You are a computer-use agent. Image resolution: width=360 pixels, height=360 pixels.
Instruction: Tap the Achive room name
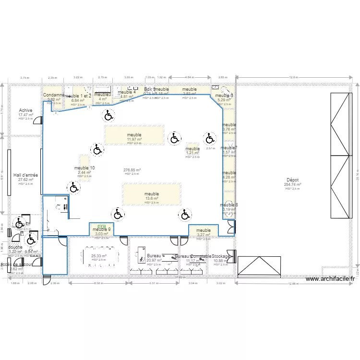(25, 110)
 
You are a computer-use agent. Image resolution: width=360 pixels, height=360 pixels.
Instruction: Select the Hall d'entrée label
(25, 175)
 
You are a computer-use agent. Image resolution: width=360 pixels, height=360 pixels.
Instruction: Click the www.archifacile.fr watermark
(330, 279)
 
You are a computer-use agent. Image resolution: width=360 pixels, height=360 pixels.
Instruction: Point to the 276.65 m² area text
(132, 170)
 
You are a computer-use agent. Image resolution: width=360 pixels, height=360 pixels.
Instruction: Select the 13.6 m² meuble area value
(152, 199)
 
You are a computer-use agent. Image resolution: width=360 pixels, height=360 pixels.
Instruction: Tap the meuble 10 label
(84, 168)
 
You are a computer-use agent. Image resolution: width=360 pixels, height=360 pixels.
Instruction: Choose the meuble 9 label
(102, 229)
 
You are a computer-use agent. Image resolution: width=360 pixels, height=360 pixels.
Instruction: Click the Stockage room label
(221, 256)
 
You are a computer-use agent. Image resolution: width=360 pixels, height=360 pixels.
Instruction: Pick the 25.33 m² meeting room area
(99, 256)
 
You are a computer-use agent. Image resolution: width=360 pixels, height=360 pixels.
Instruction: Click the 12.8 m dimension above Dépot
(293, 77)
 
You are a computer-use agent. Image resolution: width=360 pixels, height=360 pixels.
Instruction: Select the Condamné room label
(53, 95)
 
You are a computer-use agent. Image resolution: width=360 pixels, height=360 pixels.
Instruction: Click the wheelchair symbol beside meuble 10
(74, 187)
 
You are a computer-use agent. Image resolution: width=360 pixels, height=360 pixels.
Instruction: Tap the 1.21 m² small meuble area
(192, 154)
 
